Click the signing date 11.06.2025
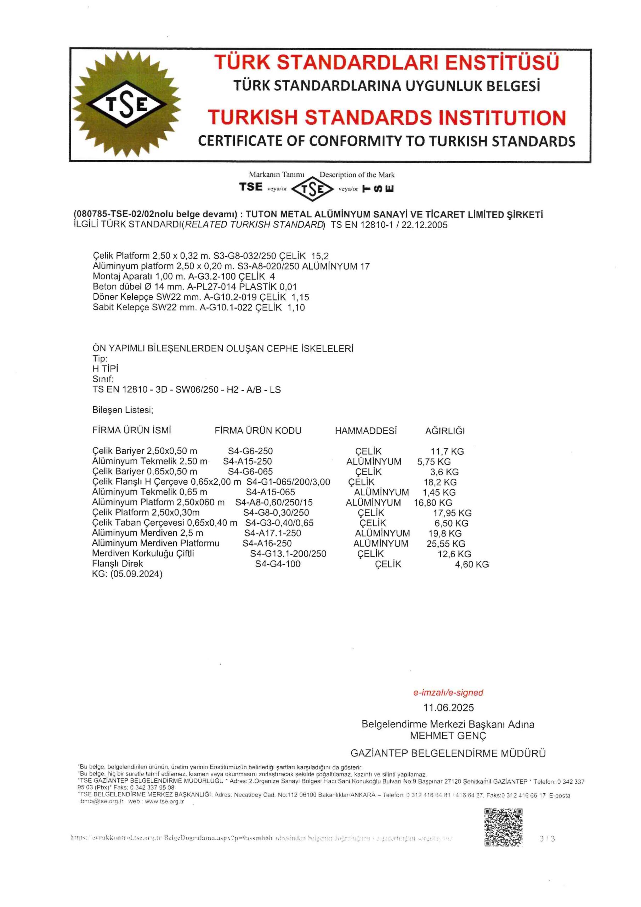tap(448, 708)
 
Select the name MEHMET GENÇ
tap(448, 736)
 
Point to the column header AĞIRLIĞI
tap(445, 431)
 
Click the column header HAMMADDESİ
tap(366, 430)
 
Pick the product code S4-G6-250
tap(250, 451)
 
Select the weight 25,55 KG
tap(446, 543)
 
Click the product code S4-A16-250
tap(267, 543)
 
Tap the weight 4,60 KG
tap(472, 564)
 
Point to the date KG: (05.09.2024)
tap(127, 574)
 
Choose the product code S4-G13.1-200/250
tap(288, 554)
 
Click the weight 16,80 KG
tap(433, 503)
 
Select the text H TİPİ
tap(105, 368)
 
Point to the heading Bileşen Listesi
tap(123, 410)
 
